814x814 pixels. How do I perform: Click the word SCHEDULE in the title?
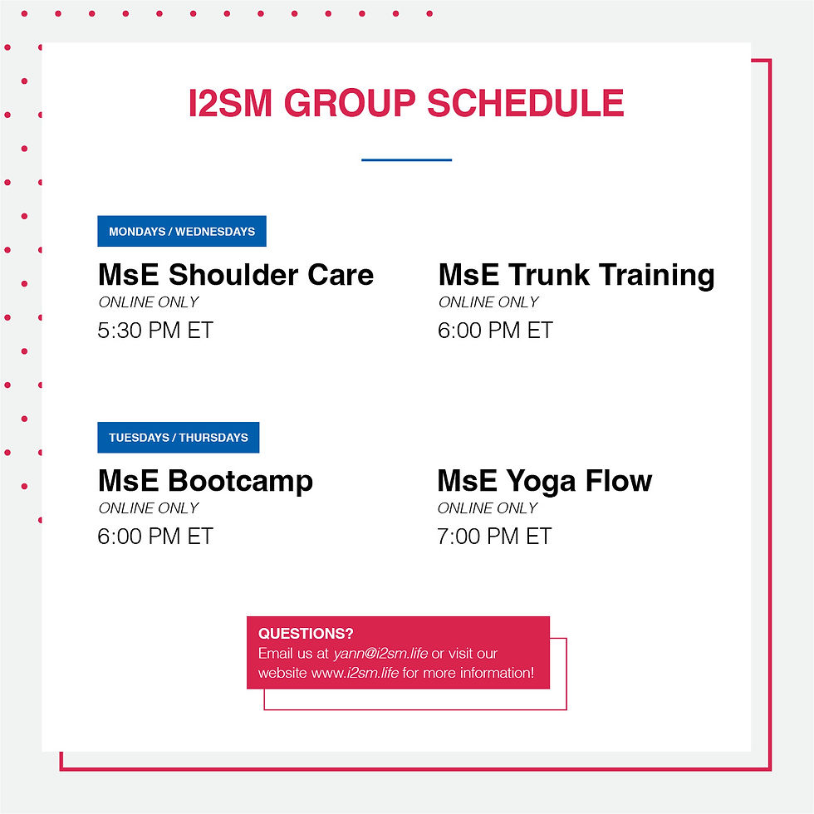tap(525, 103)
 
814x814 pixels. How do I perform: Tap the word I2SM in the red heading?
tap(231, 103)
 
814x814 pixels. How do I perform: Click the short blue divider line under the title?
tap(406, 159)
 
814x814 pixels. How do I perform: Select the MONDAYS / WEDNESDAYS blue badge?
tap(182, 231)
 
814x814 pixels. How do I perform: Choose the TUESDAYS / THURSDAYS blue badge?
tap(178, 437)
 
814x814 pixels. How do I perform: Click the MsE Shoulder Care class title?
tap(236, 274)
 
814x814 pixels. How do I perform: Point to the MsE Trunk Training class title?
tap(576, 275)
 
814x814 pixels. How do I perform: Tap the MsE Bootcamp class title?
tap(206, 481)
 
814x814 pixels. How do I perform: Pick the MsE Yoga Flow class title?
tap(545, 481)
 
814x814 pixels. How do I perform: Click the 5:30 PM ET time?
tap(155, 331)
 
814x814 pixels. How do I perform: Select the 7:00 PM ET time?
tap(494, 537)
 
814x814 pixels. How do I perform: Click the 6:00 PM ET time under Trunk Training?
tap(495, 331)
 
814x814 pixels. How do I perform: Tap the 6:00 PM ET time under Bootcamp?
tap(155, 537)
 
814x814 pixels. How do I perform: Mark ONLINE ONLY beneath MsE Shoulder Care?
tap(149, 302)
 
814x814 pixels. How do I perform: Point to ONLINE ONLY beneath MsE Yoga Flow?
tap(488, 508)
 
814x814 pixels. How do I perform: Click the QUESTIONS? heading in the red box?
tap(306, 633)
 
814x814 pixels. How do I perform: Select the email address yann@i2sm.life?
tap(380, 653)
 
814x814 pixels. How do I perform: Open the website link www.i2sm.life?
tap(356, 673)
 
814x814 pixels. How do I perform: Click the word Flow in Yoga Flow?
tap(619, 480)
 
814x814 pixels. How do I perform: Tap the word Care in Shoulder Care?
tap(341, 274)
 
